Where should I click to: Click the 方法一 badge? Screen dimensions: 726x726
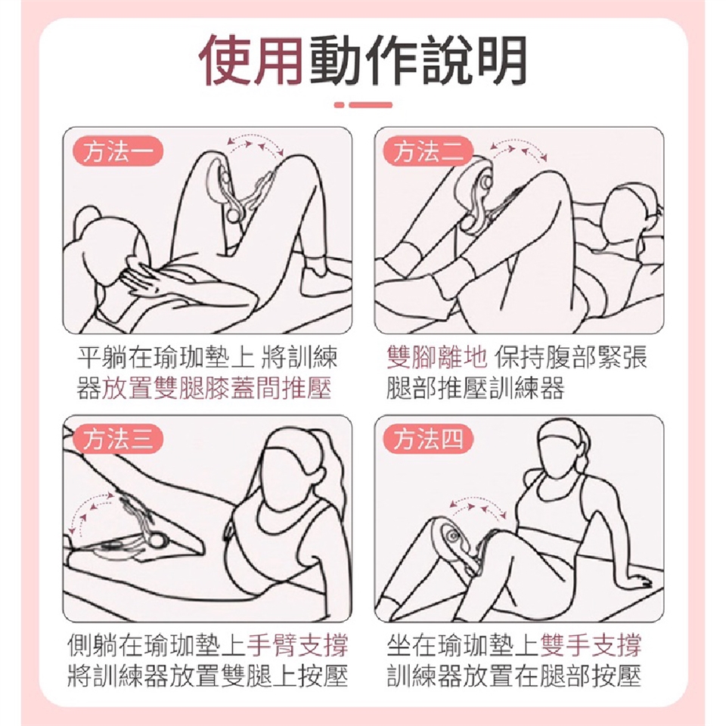(x=118, y=151)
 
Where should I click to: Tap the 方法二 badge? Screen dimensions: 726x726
(x=428, y=151)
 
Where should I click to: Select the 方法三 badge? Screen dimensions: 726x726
(x=118, y=439)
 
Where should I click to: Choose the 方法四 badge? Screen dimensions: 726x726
(x=428, y=439)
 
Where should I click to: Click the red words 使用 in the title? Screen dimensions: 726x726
(x=253, y=60)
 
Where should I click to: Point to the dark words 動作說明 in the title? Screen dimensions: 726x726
(x=418, y=60)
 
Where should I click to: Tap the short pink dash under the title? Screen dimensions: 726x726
(x=339, y=104)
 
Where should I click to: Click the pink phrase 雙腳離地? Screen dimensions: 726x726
(x=437, y=357)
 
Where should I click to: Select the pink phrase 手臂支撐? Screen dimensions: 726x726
(x=298, y=644)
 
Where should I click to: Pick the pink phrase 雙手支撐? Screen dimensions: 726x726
(x=591, y=644)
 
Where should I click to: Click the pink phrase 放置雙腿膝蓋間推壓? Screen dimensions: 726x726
(x=217, y=387)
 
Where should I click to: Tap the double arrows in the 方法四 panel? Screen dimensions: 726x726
(x=478, y=506)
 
